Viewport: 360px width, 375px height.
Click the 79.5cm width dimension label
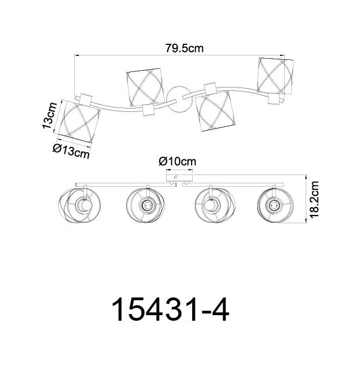point(184,48)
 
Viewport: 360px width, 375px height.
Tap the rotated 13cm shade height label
point(50,116)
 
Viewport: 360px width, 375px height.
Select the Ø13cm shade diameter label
point(71,151)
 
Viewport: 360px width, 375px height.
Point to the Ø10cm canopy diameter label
point(177,161)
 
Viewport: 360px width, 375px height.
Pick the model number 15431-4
point(171,310)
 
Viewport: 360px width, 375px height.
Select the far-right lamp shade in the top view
point(275,76)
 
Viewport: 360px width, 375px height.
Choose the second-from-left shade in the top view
point(145,88)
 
